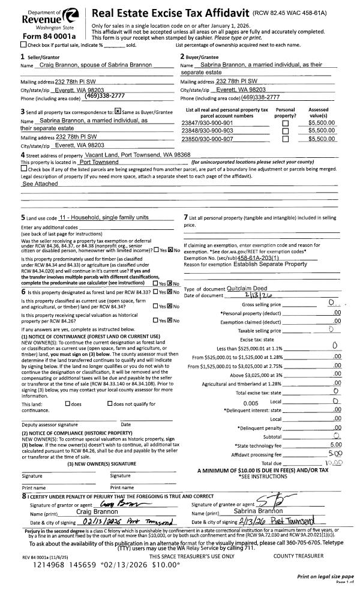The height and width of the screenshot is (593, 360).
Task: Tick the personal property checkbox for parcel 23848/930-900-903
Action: click(x=285, y=130)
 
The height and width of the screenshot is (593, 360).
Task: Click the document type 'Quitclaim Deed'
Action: click(x=234, y=289)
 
